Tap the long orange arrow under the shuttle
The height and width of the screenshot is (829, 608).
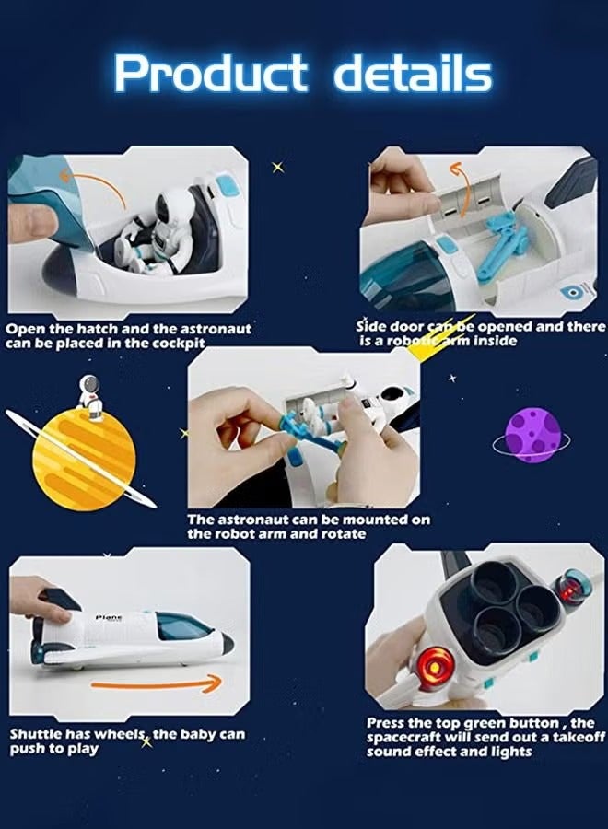point(157,684)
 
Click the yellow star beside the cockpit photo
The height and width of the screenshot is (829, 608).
point(277,167)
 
